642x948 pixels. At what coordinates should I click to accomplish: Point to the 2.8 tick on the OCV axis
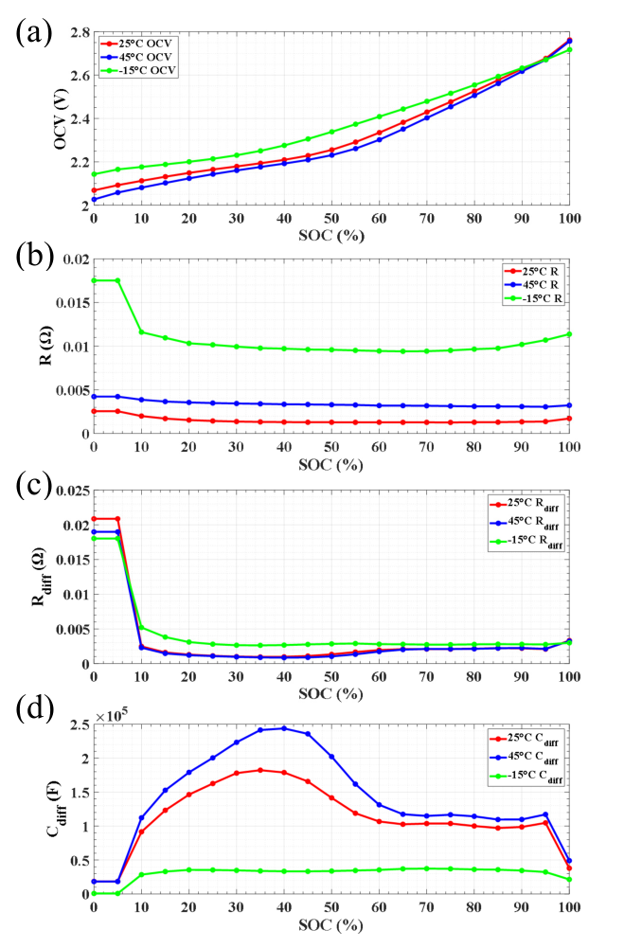[79, 33]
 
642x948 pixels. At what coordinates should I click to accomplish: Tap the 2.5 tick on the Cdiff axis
[79, 724]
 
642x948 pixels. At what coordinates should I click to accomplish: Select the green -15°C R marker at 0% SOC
[94, 280]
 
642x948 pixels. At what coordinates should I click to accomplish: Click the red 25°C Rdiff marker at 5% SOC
[117, 519]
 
